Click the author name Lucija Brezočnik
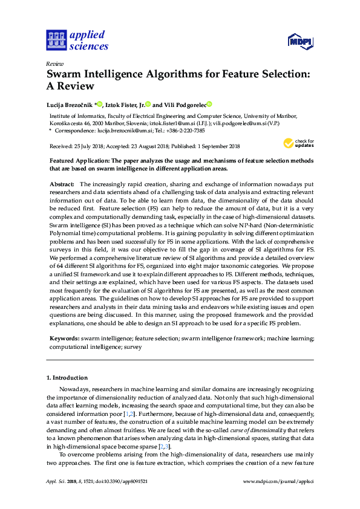point(69,104)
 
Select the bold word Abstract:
point(62,183)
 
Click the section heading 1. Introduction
point(67,377)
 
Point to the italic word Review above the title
point(54,63)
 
